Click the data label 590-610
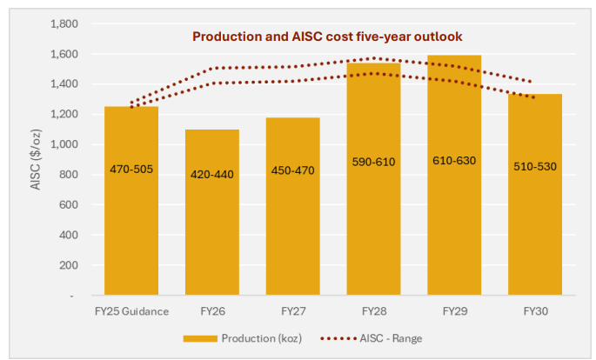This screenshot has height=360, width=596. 373,162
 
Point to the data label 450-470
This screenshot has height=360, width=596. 292,171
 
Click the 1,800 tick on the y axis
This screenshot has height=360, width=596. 65,24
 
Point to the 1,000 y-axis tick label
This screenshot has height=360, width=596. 65,144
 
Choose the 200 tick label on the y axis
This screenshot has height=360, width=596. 70,265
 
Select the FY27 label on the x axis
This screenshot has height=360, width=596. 292,311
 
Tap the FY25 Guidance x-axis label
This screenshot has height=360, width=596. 131,311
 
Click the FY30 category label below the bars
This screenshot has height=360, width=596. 535,311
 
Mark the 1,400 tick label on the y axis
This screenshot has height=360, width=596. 65,84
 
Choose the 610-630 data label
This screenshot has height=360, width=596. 454,161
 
